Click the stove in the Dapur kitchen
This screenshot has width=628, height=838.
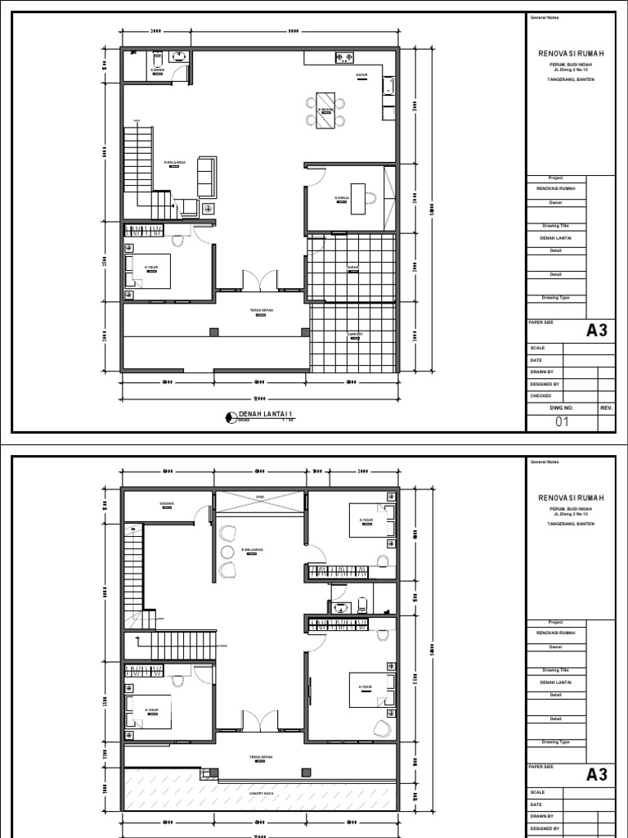(x=345, y=57)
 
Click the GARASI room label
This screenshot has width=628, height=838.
(x=353, y=268)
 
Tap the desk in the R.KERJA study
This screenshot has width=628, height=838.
(x=358, y=197)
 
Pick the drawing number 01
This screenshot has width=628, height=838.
(x=562, y=422)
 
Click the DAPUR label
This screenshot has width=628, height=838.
(x=361, y=74)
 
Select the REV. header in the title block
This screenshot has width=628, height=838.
(x=606, y=407)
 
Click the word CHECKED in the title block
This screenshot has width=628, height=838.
(x=541, y=395)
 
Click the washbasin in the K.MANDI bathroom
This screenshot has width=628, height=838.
(x=178, y=57)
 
